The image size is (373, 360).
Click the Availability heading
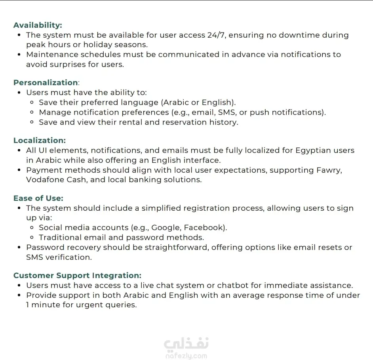click(38, 25)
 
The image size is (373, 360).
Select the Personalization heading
click(46, 83)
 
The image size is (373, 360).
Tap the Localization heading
click(40, 141)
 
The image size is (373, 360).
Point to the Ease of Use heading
click(38, 198)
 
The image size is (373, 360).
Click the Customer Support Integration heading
click(77, 276)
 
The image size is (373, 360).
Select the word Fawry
click(329, 170)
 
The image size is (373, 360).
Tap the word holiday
click(97, 45)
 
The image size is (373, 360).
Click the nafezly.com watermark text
click(186, 356)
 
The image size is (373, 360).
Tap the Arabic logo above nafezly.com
click(186, 343)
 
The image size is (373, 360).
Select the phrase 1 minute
click(42, 305)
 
